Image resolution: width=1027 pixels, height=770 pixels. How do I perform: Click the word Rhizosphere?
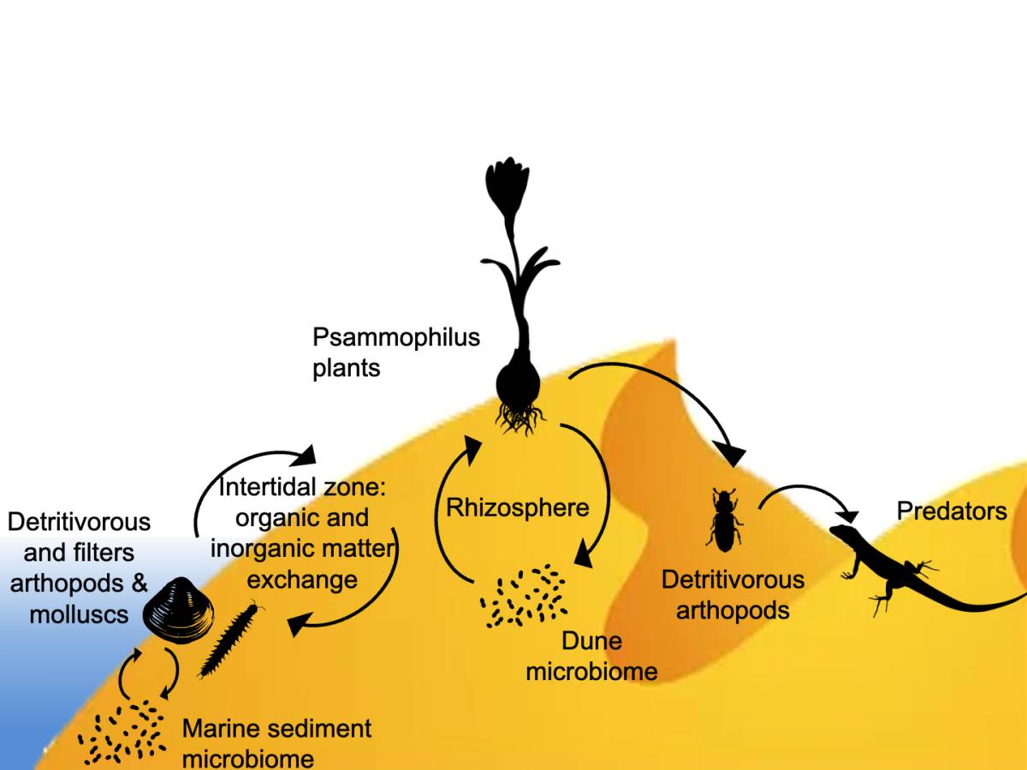coord(518,507)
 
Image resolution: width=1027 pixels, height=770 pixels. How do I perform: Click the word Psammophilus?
coord(396,337)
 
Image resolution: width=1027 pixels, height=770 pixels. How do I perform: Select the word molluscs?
coord(79,613)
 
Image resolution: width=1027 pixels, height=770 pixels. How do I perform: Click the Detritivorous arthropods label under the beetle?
coord(733,595)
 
